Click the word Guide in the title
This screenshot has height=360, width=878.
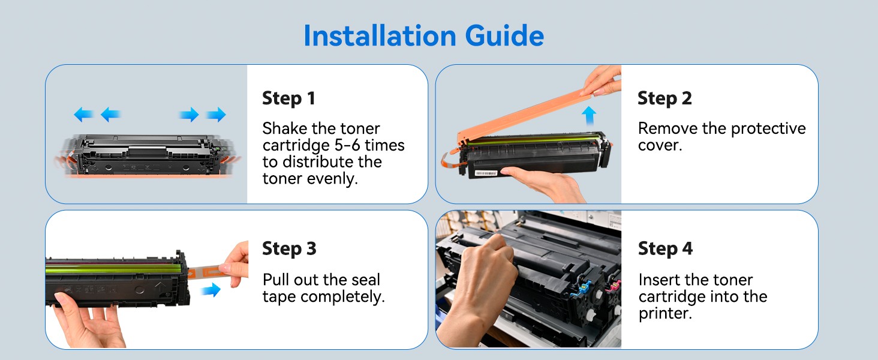pyautogui.click(x=504, y=35)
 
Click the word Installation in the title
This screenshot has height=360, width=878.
pyautogui.click(x=380, y=35)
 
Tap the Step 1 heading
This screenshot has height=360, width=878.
pyautogui.click(x=288, y=98)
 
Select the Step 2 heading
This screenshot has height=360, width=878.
pyautogui.click(x=664, y=98)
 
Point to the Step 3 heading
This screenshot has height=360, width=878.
pyautogui.click(x=289, y=248)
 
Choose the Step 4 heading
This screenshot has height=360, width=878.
pyautogui.click(x=665, y=248)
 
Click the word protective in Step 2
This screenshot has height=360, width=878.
pyautogui.click(x=768, y=129)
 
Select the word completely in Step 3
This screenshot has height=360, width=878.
pyautogui.click(x=342, y=297)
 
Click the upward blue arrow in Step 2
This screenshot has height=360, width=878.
pyautogui.click(x=589, y=116)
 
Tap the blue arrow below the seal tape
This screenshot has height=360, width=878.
pyautogui.click(x=211, y=290)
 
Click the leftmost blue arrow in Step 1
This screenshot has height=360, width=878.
pyautogui.click(x=83, y=115)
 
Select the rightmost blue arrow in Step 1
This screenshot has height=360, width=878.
pyautogui.click(x=217, y=115)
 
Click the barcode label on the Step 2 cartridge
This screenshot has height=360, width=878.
pyautogui.click(x=486, y=173)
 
